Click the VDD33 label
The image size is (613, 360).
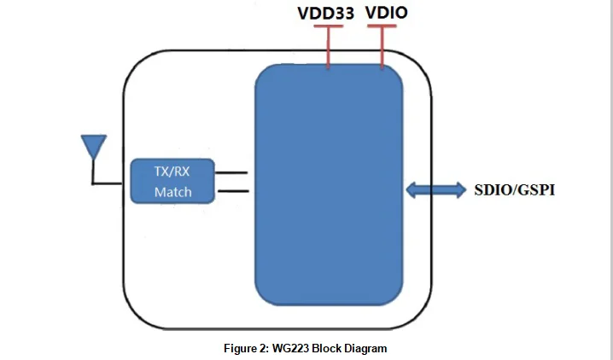(x=325, y=13)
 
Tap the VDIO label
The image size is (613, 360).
(x=387, y=12)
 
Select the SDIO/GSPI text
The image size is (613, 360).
(x=515, y=190)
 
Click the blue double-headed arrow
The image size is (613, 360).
(x=436, y=190)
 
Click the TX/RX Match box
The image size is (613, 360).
(x=172, y=181)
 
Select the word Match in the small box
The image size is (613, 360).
(x=172, y=192)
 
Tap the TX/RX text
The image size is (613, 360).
(x=172, y=171)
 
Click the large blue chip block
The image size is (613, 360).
(x=329, y=184)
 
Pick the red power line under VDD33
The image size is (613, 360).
(x=329, y=47)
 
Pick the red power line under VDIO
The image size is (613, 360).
(x=382, y=47)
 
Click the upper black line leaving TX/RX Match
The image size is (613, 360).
(x=231, y=172)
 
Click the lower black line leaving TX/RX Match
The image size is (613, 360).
(x=233, y=191)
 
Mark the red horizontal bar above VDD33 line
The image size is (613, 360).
(x=329, y=26)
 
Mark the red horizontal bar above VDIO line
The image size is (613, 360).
(x=382, y=26)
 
